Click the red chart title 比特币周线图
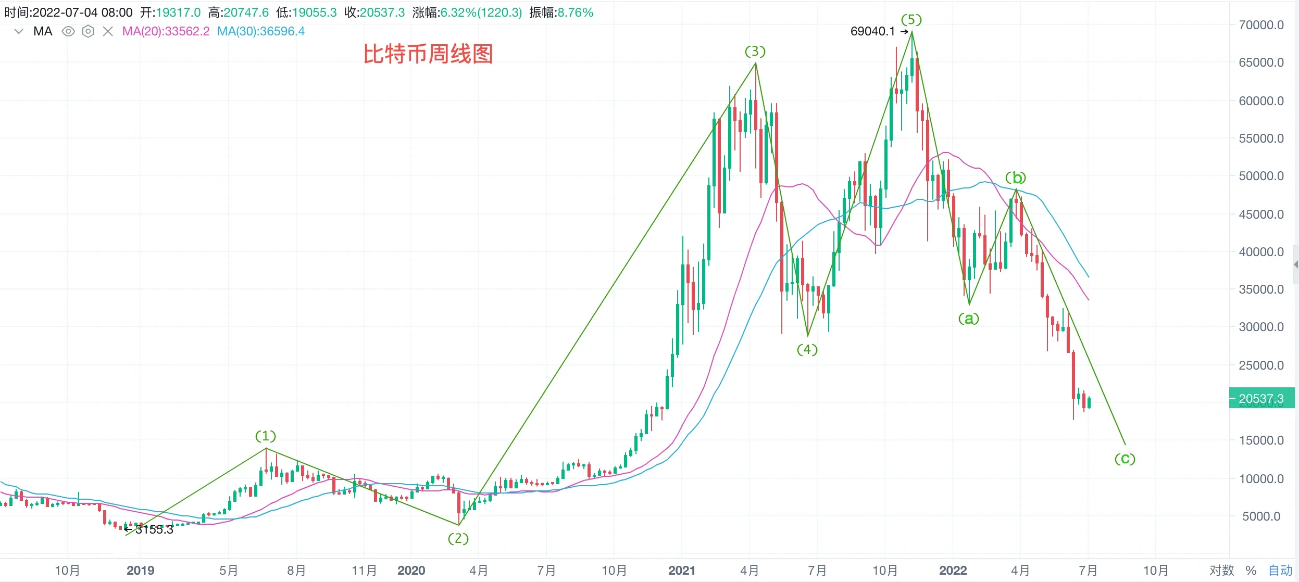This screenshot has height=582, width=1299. coord(428,54)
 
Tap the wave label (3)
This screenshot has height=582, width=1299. coord(755,51)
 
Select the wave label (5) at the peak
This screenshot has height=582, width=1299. coord(911,20)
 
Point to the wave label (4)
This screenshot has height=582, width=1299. coord(807,349)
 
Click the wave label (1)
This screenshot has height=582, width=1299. coord(266,436)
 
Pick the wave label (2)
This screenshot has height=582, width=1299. coord(458,538)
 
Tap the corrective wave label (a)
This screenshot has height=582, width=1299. coord(969,318)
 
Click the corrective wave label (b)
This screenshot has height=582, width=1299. coord(1016,178)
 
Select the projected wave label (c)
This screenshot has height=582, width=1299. coord(1125,459)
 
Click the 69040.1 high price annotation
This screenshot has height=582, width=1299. coord(872,31)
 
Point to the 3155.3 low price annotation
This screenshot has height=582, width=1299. coord(154,529)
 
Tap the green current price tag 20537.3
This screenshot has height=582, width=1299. coord(1261,399)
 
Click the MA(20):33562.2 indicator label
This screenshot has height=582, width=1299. coord(166,31)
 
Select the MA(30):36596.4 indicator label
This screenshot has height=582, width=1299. coord(261,31)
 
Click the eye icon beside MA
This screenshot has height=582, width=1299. coord(68,31)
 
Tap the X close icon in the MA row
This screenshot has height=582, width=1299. coord(108,31)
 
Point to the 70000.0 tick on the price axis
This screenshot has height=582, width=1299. coord(1261,25)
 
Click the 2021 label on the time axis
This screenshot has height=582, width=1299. coord(681,571)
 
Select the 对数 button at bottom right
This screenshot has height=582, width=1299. coord(1221,571)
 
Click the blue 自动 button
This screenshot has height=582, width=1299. coord(1280,571)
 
